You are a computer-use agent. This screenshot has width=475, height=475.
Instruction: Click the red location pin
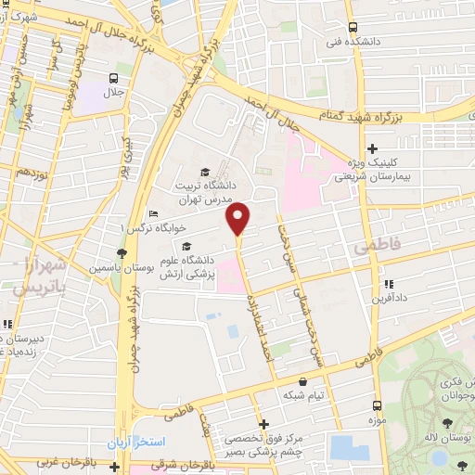click(239, 219)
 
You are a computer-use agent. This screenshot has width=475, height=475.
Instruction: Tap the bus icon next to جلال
click(112, 78)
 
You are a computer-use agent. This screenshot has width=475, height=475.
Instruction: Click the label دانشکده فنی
click(352, 43)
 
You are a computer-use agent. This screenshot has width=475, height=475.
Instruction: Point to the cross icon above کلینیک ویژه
click(372, 148)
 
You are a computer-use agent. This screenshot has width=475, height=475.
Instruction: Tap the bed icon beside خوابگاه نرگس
click(153, 214)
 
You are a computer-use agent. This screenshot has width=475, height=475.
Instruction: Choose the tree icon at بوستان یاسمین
click(121, 253)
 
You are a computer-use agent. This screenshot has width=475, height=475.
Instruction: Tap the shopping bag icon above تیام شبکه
click(302, 381)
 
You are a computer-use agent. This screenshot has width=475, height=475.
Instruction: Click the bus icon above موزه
click(377, 405)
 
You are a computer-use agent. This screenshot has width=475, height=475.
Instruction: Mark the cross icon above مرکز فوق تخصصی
click(263, 423)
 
